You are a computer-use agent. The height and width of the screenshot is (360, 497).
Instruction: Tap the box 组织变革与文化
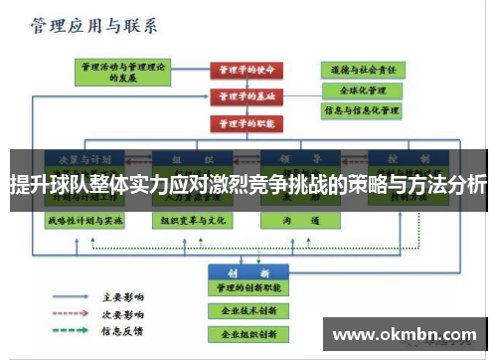click(x=190, y=219)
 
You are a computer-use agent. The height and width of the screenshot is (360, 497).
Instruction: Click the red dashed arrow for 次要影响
click(x=72, y=312)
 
